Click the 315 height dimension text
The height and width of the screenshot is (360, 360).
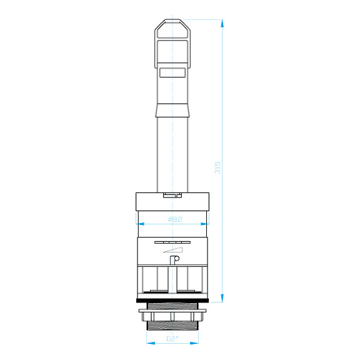pos(217,167)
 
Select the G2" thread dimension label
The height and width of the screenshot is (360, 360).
pos(172,339)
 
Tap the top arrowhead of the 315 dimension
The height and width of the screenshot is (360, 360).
pos(221,22)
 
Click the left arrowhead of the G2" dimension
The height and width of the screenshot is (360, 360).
pos(149,342)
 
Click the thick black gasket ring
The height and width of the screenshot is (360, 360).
pos(172,301)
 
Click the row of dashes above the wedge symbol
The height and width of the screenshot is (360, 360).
pos(172,242)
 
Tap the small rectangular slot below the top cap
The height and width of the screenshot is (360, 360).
pos(172,72)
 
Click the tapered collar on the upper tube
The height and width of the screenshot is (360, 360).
pos(172,111)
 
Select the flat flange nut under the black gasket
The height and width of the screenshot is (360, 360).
pos(172,308)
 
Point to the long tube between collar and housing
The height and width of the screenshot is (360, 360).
pos(172,153)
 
